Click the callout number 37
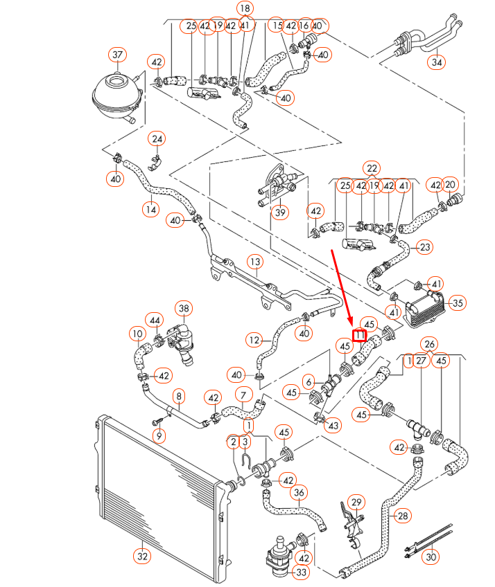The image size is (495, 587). pyautogui.click(x=118, y=55)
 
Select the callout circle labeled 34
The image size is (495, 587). pyautogui.click(x=436, y=62)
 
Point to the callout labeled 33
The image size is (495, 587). pyautogui.click(x=301, y=572)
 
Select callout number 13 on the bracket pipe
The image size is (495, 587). pyautogui.click(x=256, y=262)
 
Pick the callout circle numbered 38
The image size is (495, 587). pyautogui.click(x=184, y=307)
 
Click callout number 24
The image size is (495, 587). pyautogui.click(x=157, y=139)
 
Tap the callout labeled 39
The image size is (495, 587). pyautogui.click(x=279, y=212)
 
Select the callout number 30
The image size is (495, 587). pyautogui.click(x=431, y=556)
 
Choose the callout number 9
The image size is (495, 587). pyautogui.click(x=159, y=436)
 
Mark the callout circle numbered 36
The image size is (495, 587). pyautogui.click(x=298, y=493)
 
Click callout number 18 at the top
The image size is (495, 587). pyautogui.click(x=245, y=8)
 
